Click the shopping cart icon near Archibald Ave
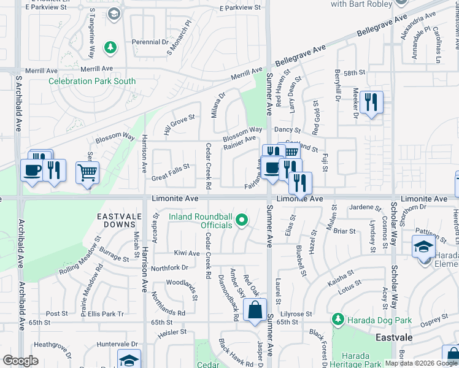click(x=88, y=172)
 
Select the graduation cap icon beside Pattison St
click(x=423, y=247)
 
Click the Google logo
click(x=20, y=360)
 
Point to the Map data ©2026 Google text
click(x=421, y=363)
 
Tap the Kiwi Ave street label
click(x=187, y=253)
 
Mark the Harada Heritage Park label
click(x=356, y=360)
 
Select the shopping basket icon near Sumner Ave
click(x=291, y=151)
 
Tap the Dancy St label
click(x=287, y=130)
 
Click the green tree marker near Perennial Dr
click(x=110, y=47)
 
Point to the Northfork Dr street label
click(x=169, y=267)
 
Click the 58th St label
click(x=354, y=73)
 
